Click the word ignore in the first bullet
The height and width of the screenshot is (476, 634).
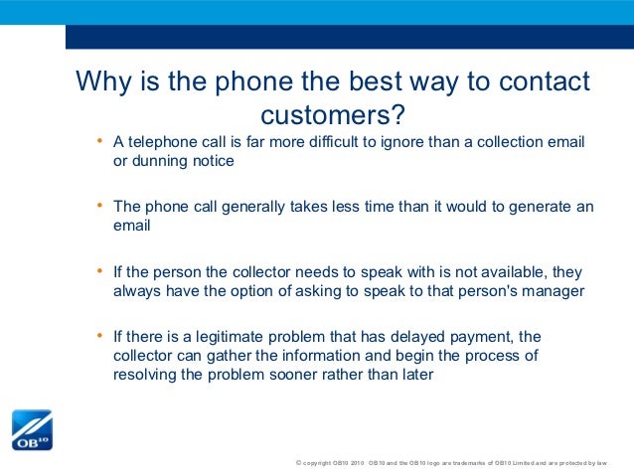[399, 142]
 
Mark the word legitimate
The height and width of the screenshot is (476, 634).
[227, 337]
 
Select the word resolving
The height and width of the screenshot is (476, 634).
[145, 375]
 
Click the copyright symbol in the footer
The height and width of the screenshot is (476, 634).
[299, 464]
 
